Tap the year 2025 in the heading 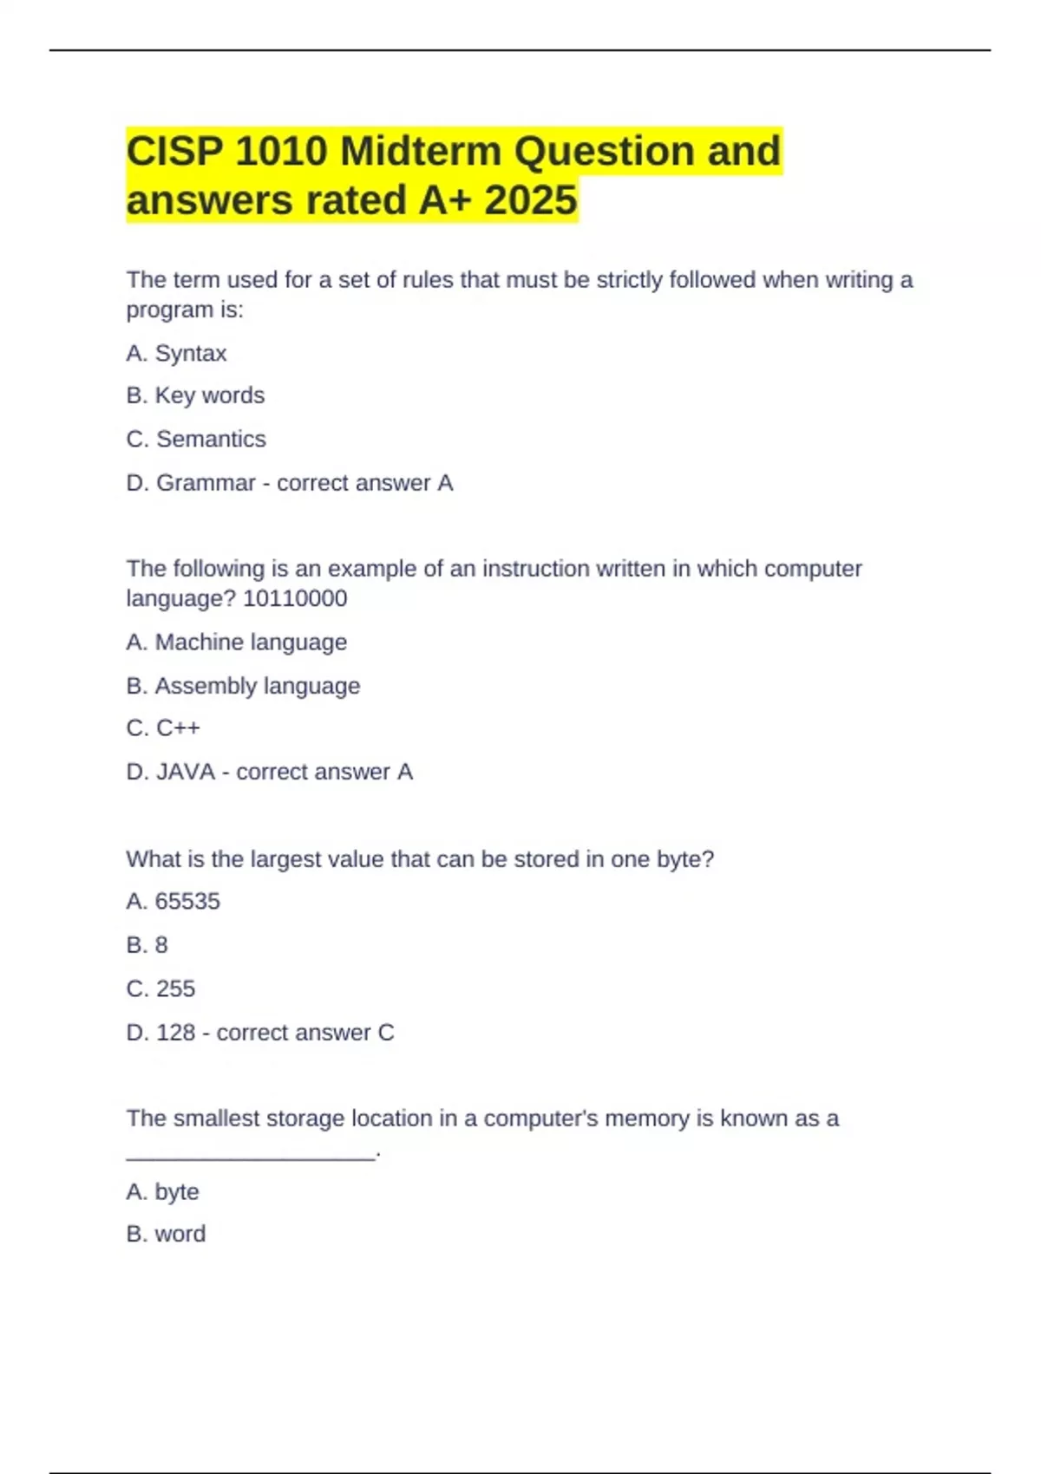531,200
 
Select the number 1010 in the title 281,152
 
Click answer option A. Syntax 176,354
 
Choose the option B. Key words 195,396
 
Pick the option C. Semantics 196,440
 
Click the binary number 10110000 295,599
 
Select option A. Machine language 236,642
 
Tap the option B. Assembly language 243,686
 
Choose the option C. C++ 163,728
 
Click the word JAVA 186,772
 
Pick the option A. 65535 173,902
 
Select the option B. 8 147,945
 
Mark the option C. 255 160,988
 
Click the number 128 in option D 175,1033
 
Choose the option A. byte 162,1192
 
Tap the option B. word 166,1234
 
